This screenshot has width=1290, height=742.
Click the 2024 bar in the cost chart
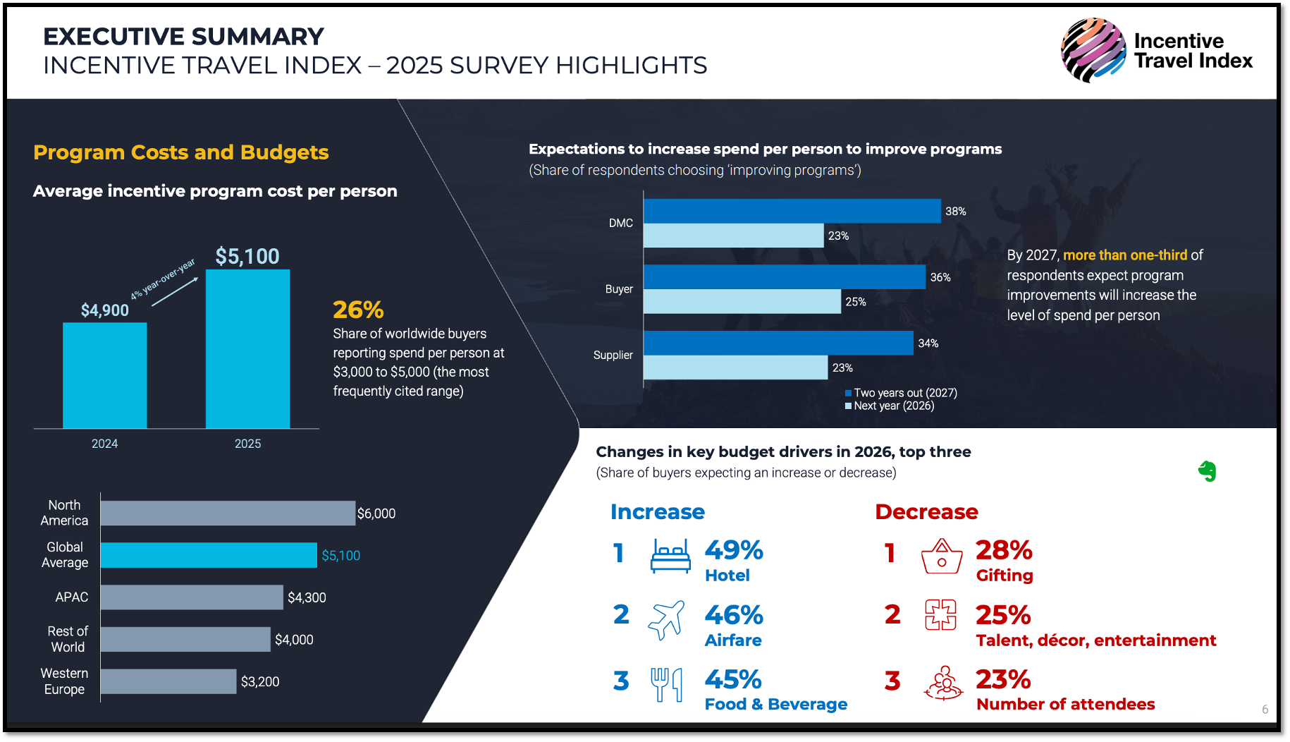point(105,375)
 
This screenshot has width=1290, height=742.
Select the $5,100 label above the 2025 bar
point(247,256)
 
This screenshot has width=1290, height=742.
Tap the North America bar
point(228,513)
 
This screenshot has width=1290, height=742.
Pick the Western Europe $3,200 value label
point(260,682)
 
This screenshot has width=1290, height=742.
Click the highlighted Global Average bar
point(209,555)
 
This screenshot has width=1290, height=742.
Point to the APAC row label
point(72,597)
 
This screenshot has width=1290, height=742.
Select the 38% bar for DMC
point(792,211)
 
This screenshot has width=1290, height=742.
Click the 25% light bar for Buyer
point(742,302)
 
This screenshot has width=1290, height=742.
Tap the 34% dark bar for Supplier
point(778,343)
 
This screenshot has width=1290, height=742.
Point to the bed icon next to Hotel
point(670,556)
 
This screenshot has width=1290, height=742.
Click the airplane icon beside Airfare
point(666,620)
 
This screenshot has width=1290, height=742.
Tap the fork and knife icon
point(666,684)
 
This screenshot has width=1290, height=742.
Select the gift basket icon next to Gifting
point(942,556)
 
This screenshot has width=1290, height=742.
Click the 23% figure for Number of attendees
point(1003,680)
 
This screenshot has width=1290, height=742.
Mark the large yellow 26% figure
point(358,310)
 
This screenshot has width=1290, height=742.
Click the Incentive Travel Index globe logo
point(1093,51)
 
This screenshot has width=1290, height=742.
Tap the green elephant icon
point(1208,471)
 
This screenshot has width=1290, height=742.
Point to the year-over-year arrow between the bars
point(175,291)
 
